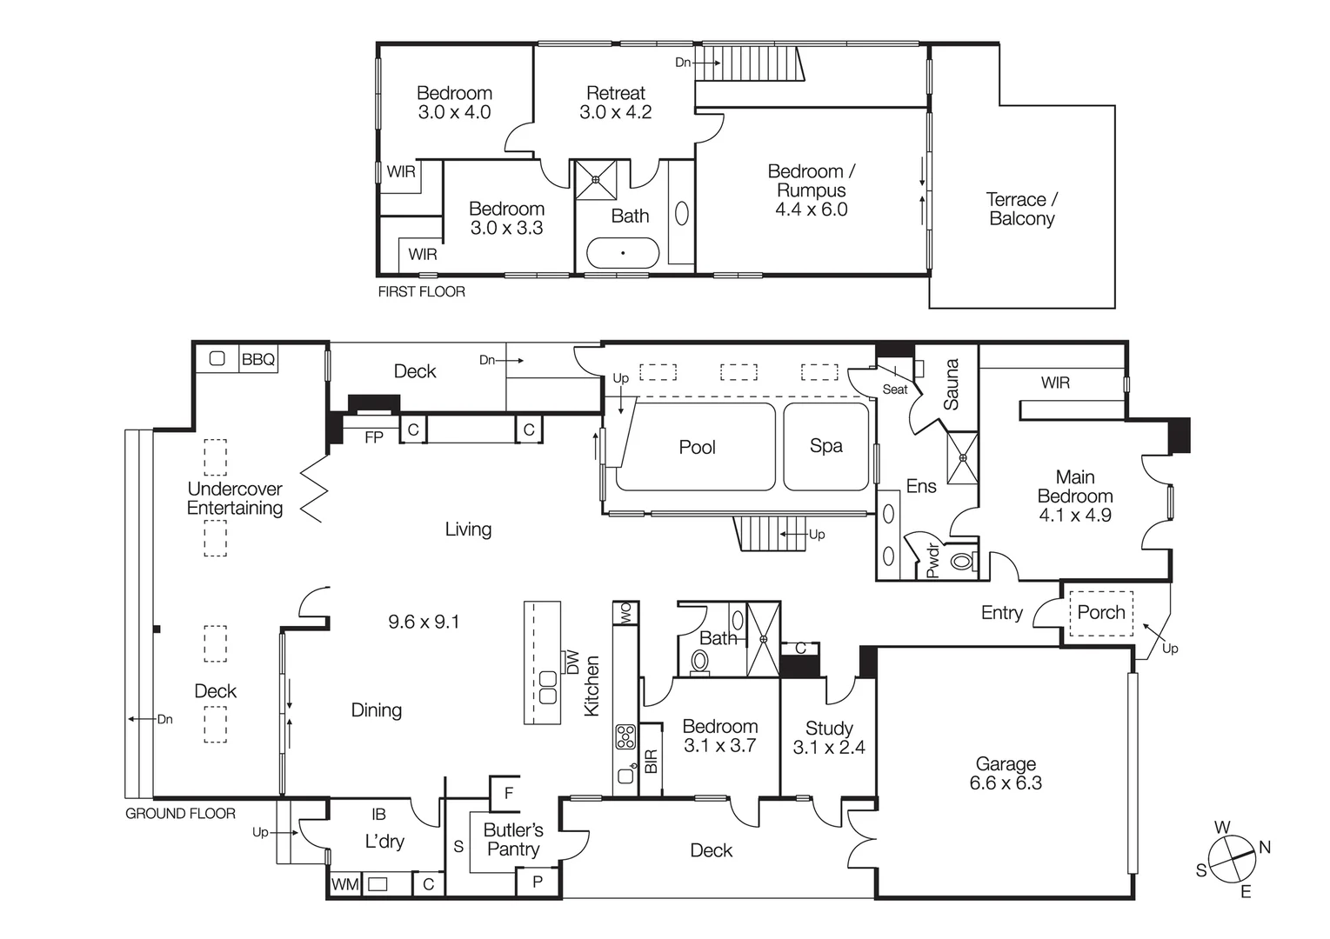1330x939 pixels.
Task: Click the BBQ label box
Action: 257,359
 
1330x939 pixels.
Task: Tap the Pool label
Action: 697,447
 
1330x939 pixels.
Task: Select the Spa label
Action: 825,446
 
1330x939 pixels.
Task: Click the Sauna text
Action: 951,384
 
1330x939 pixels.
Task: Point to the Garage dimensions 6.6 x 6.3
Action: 1006,782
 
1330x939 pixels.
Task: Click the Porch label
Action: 1100,612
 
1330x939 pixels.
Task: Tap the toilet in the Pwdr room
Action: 961,561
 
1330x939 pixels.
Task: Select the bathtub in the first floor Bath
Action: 623,253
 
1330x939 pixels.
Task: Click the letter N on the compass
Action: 1264,847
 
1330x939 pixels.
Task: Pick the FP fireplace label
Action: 373,437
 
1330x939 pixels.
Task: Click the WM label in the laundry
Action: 344,884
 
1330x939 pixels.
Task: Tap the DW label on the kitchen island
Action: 571,663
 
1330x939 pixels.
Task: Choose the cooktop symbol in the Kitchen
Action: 625,737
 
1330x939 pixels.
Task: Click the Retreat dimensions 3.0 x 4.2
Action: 615,112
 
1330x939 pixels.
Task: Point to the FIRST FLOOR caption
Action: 421,292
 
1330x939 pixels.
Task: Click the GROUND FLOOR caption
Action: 180,814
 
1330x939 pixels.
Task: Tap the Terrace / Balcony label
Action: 1021,210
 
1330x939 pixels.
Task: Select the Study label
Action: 828,728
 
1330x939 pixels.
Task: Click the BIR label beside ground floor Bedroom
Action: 651,762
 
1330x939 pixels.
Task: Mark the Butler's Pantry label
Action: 512,840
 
